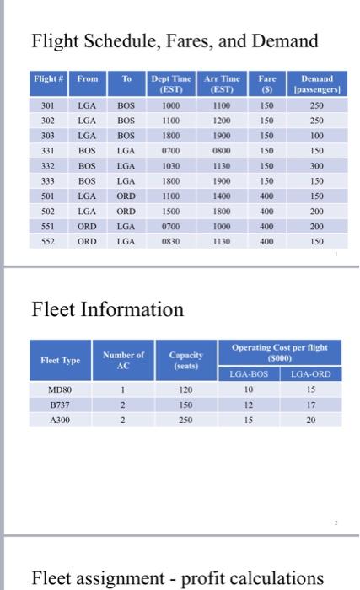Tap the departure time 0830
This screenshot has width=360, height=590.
pos(172,239)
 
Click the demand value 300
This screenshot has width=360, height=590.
pos(317,166)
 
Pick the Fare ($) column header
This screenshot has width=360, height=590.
pos(267,84)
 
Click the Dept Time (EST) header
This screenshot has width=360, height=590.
pos(172,84)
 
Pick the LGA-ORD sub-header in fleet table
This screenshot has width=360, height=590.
pos(309,373)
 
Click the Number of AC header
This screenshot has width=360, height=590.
pos(122,360)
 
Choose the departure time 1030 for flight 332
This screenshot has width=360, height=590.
pos(172,166)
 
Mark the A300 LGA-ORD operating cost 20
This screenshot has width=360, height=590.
pos(309,419)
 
